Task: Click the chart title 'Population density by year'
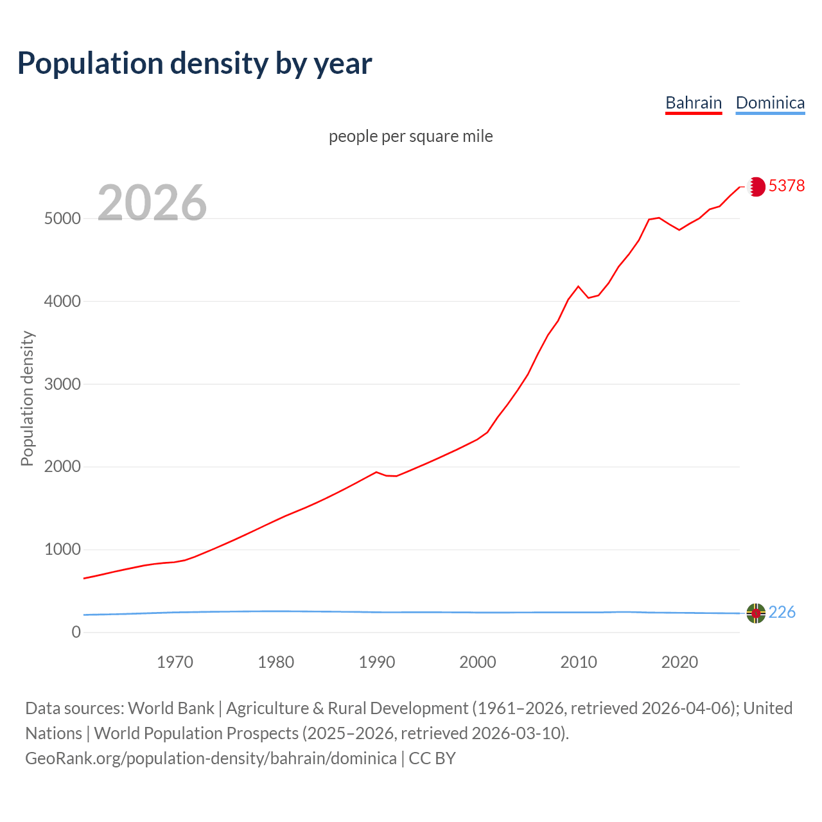(x=195, y=63)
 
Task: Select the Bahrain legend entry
(x=694, y=103)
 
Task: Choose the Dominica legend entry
(x=770, y=103)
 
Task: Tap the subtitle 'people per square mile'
(x=411, y=136)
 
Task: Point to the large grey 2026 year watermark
(x=152, y=203)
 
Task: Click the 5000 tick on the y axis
(x=62, y=218)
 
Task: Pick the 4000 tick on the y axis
(x=62, y=301)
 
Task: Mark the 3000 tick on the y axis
(x=62, y=384)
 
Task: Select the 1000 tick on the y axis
(x=62, y=550)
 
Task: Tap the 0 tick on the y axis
(x=76, y=633)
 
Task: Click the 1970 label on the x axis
(x=175, y=662)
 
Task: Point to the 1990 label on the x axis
(x=377, y=662)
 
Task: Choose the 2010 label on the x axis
(x=579, y=662)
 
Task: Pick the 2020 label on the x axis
(x=679, y=662)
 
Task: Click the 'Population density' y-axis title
(x=27, y=398)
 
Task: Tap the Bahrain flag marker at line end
(x=756, y=186)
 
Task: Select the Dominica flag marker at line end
(x=756, y=613)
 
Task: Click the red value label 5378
(x=787, y=186)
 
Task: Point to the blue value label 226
(x=782, y=613)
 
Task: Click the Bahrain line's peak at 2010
(x=578, y=286)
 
